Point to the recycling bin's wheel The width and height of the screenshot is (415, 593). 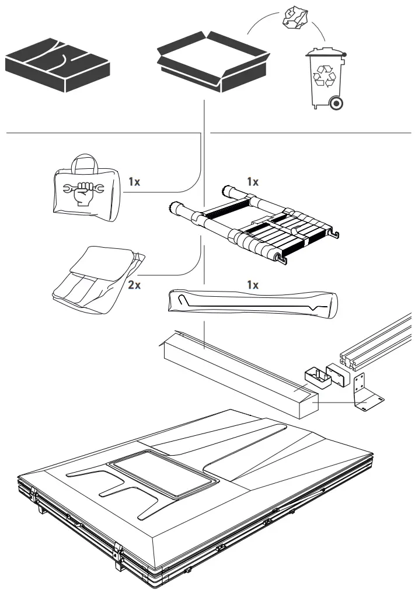tap(336, 103)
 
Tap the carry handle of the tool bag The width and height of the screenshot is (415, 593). tap(82, 164)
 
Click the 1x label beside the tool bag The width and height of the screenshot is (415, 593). tap(134, 182)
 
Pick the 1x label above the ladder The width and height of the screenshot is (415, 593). tap(252, 182)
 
